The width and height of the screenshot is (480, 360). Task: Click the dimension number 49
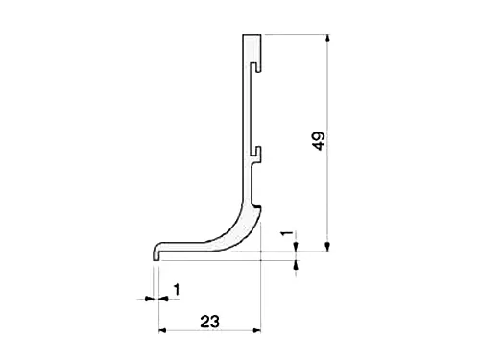319,140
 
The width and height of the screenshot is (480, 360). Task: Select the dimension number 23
210,322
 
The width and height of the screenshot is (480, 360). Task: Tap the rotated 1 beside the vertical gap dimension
287,233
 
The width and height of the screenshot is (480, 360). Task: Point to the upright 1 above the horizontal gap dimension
177,290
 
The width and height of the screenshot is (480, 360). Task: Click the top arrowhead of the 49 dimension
327,37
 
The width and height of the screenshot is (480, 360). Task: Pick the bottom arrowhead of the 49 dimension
327,247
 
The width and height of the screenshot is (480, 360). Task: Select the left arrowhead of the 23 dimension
162,330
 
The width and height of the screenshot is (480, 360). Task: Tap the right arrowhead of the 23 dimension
257,330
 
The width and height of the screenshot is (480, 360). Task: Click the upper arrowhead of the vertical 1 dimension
296,247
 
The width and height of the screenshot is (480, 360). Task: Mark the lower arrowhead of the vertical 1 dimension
296,264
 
